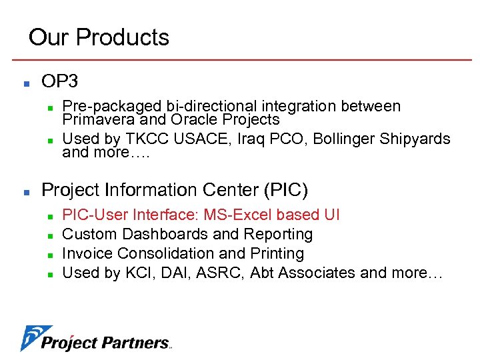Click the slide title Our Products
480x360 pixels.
(99, 37)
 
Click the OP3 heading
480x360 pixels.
(60, 82)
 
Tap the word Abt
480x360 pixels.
(262, 273)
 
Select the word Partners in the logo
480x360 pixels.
(137, 343)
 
